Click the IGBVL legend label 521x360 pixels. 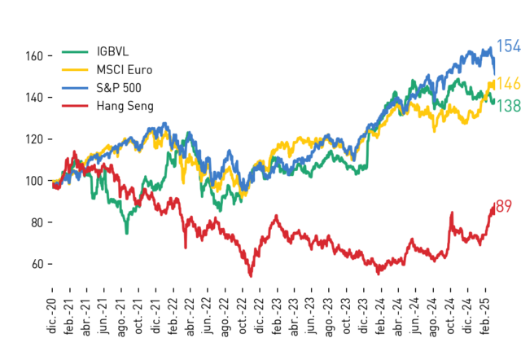[112, 51]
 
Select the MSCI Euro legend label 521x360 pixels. [125, 70]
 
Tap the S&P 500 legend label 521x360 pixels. [119, 88]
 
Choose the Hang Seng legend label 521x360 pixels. [125, 106]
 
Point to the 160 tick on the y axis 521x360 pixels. [34, 56]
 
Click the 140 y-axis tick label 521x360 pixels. [34, 98]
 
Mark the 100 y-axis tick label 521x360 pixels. [34, 181]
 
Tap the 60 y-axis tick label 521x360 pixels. [37, 264]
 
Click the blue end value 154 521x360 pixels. [508, 46]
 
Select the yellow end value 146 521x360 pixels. [508, 83]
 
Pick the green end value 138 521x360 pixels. [508, 106]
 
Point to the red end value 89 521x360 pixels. [504, 206]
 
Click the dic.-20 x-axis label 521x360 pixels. [52, 316]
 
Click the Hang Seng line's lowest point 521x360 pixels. [251, 276]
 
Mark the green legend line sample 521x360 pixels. [75, 52]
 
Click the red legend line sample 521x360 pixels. [75, 106]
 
